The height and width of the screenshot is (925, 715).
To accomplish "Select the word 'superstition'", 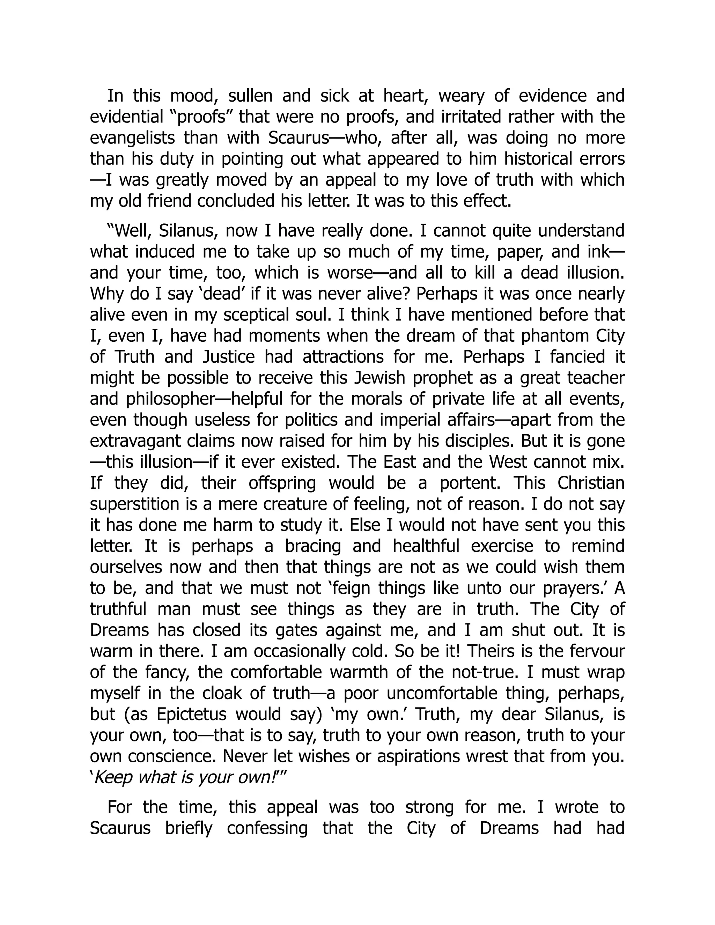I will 132,504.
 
